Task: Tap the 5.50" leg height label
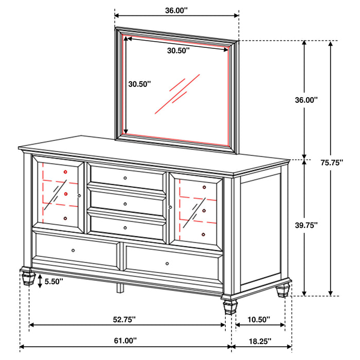pyautogui.click(x=54, y=281)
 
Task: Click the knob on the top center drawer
pyautogui.click(x=125, y=177)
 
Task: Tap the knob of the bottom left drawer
pyautogui.click(x=73, y=250)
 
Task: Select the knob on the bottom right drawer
pyautogui.click(x=167, y=264)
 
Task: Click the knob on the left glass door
pyautogui.click(x=79, y=195)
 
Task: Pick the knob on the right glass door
pyautogui.click(x=170, y=207)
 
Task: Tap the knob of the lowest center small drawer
pyautogui.click(x=125, y=227)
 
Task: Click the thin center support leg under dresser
pyautogui.click(x=119, y=286)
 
